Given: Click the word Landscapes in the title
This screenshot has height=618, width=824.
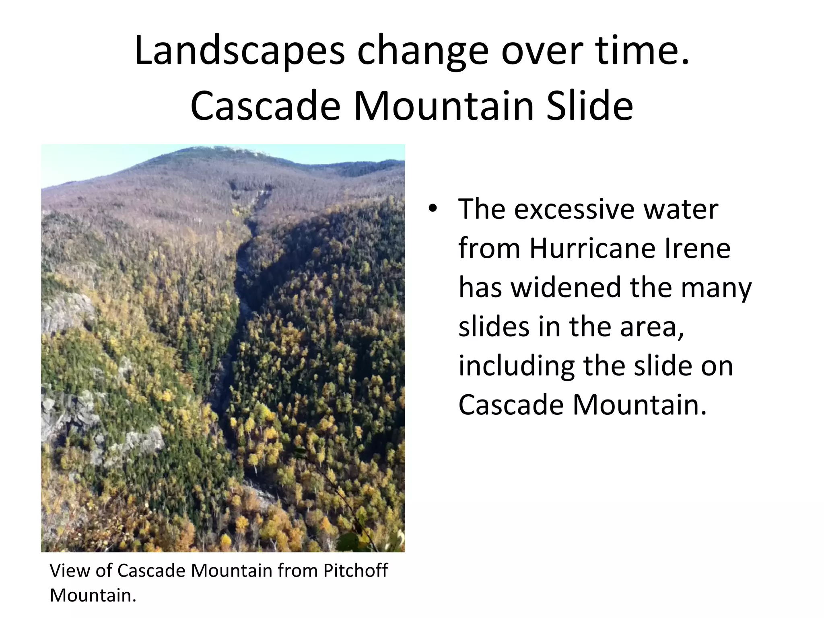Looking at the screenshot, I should (x=240, y=51).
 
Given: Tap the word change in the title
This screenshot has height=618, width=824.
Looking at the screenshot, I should (x=422, y=51).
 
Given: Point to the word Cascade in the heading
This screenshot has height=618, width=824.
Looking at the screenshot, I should (x=266, y=106).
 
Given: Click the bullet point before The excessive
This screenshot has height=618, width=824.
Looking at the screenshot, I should (x=432, y=208).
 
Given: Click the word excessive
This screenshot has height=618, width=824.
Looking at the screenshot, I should (x=574, y=209).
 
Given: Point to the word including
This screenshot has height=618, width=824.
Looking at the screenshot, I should (x=516, y=366).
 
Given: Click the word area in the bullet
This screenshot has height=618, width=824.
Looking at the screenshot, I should (x=651, y=327).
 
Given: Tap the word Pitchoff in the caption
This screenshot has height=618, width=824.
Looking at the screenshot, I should (x=355, y=571).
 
